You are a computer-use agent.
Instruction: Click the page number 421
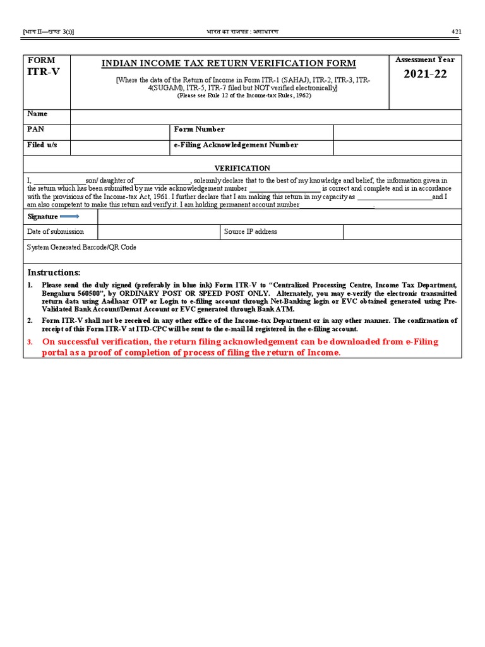coord(457,32)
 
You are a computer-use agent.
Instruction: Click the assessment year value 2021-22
coord(424,75)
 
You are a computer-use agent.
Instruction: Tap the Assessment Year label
coord(424,59)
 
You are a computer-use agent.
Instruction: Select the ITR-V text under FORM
coord(44,71)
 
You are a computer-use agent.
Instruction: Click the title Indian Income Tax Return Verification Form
coord(229,63)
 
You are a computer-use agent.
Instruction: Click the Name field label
coord(37,114)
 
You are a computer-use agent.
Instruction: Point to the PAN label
coord(35,129)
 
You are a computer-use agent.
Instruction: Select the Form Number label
coord(199,129)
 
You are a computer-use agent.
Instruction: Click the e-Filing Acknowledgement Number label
coord(236,145)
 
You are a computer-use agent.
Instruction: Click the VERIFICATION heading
coord(242,168)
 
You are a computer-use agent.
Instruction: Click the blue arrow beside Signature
coord(69,216)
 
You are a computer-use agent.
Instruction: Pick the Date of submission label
coord(56,232)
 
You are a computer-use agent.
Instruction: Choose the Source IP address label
coord(250,232)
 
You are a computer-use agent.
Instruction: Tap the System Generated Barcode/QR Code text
coord(81,247)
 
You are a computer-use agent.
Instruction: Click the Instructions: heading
coord(54,272)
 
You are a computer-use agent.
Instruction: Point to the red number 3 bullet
coord(29,342)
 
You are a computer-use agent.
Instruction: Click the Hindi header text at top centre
coord(242,32)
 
